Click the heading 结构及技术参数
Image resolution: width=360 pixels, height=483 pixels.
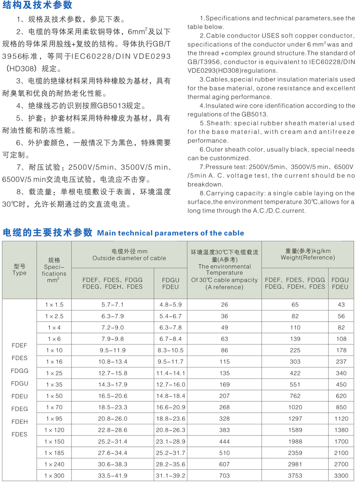point(37,5)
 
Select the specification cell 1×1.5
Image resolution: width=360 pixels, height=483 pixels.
point(54,305)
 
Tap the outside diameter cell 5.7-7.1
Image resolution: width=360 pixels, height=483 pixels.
point(113,305)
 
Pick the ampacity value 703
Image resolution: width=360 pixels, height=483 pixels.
point(225,476)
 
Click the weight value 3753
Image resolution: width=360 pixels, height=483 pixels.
point(295,476)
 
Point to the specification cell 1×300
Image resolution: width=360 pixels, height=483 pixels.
point(54,476)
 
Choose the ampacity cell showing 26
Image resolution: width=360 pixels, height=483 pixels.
point(225,305)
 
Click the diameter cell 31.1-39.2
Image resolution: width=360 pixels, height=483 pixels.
point(171,476)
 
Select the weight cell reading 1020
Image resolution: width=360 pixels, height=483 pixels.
point(295,407)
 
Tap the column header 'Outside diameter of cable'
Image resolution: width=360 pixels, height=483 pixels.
point(129,258)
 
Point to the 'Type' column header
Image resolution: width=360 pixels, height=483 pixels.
point(20,273)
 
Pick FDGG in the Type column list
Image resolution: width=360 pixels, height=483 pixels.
point(20,371)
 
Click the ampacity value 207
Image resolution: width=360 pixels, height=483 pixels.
point(225,396)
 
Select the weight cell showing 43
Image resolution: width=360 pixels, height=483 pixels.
point(341,305)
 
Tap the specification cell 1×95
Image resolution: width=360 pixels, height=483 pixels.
point(54,419)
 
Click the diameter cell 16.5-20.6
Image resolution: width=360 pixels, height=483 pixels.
point(113,396)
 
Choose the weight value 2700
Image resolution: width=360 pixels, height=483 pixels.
point(341,464)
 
